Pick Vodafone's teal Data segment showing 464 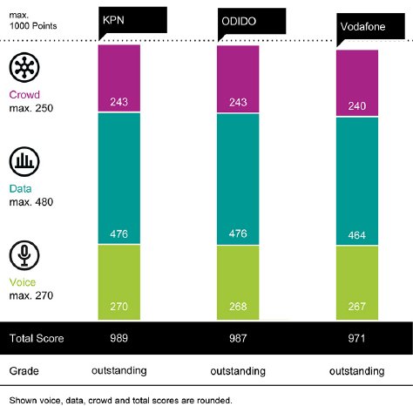tap(357, 179)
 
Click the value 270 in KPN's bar tap(119, 307)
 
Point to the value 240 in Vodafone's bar tap(357, 103)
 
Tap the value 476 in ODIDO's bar tap(238, 233)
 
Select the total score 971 tap(357, 337)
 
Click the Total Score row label tap(37, 337)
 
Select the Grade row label tap(24, 369)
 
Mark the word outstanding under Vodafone tap(357, 370)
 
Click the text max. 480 tap(31, 202)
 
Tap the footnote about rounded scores tap(121, 399)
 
